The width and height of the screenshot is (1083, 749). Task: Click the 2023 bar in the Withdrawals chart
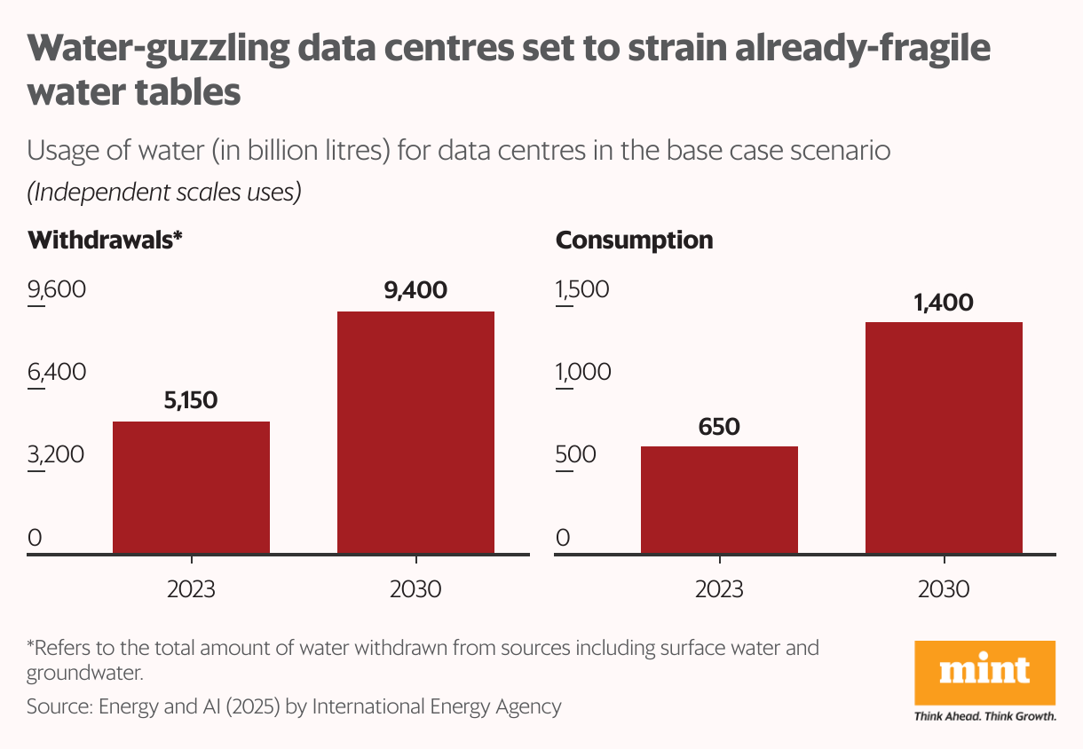[x=191, y=488]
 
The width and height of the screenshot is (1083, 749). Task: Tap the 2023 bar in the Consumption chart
[x=719, y=501]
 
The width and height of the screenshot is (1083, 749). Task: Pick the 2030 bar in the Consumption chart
[x=944, y=438]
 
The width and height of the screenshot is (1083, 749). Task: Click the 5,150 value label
[x=191, y=400]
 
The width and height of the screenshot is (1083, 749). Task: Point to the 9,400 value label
[x=415, y=289]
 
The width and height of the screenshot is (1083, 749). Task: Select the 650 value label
[x=719, y=427]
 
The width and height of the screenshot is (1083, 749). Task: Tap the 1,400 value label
[x=944, y=303]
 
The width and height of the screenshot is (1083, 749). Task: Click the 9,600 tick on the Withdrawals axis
[x=57, y=290]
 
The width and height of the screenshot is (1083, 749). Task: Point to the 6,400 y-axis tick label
[x=57, y=372]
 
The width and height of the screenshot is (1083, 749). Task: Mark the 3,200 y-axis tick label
[x=57, y=454]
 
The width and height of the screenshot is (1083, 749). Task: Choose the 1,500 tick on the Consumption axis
[x=583, y=290]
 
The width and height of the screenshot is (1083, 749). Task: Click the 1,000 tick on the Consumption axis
[x=583, y=372]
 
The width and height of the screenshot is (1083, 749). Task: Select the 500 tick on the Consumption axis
[x=576, y=454]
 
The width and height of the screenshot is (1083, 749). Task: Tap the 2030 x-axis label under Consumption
[x=944, y=589]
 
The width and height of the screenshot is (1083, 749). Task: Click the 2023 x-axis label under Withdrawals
[x=191, y=589]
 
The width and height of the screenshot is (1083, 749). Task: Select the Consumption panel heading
[x=634, y=240]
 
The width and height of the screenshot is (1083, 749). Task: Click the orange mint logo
[x=984, y=673]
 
